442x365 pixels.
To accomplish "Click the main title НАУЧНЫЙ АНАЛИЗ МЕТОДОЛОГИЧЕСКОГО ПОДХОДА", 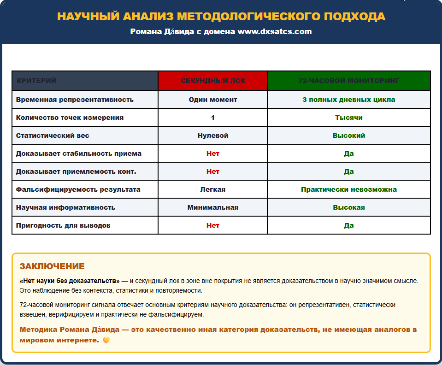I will pos(221,17).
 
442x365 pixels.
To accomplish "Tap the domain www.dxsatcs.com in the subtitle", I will pos(275,32).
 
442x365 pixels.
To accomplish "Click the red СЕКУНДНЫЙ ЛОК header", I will pos(213,81).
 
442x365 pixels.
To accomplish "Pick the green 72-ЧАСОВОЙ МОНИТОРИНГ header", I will pos(348,81).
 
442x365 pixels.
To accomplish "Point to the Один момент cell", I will pos(213,100).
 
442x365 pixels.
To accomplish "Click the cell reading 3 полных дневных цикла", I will pos(348,100).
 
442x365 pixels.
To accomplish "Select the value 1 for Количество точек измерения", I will pos(213,118).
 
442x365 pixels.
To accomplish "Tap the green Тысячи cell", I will pos(348,118).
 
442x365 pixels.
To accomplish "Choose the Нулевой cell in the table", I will pos(213,135).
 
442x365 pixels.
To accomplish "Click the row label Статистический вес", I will pos(53,135).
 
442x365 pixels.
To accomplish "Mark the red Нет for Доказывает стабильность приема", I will pos(213,153).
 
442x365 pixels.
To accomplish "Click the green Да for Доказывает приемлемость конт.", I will pos(348,171).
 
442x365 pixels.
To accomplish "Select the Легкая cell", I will pos(213,189).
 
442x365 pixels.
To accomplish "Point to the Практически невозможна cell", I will pos(348,189).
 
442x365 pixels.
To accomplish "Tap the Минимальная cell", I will pos(213,207).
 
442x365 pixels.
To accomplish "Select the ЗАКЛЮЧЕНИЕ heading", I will pos(52,266).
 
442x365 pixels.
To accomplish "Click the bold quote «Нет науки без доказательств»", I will pos(70,281).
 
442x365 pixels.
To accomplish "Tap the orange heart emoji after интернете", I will pos(106,341).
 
